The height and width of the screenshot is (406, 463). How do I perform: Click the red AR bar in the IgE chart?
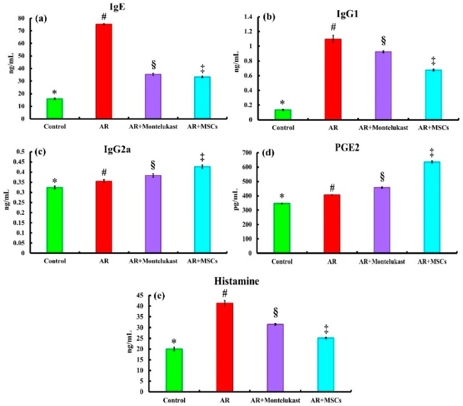(x=104, y=71)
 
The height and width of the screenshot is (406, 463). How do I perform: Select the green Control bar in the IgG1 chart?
(x=282, y=114)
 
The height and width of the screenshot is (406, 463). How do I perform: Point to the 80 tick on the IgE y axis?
(x=22, y=18)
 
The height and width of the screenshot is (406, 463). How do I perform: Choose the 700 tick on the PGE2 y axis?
(x=253, y=153)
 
